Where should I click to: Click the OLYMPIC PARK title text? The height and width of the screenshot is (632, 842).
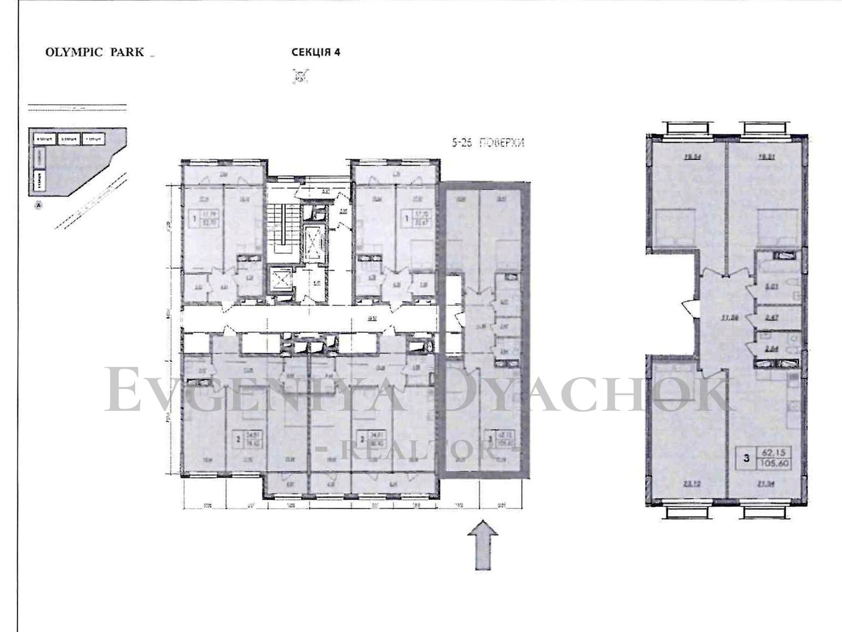point(95,53)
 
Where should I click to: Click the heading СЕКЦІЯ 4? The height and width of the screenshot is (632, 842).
point(316,52)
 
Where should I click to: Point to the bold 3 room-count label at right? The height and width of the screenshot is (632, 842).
point(746,457)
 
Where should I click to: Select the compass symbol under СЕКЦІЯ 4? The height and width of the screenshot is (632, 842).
point(299,77)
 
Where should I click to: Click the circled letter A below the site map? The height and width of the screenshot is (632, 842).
point(38,206)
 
